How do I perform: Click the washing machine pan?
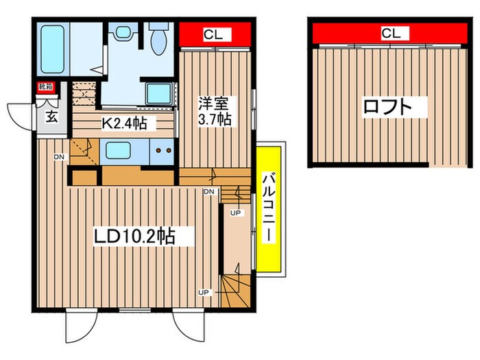158,94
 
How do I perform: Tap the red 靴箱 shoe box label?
45,87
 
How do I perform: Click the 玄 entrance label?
52,115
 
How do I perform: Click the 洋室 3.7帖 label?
215,112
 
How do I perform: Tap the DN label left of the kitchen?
60,158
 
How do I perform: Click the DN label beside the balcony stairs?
208,191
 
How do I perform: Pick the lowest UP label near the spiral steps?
204,292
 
